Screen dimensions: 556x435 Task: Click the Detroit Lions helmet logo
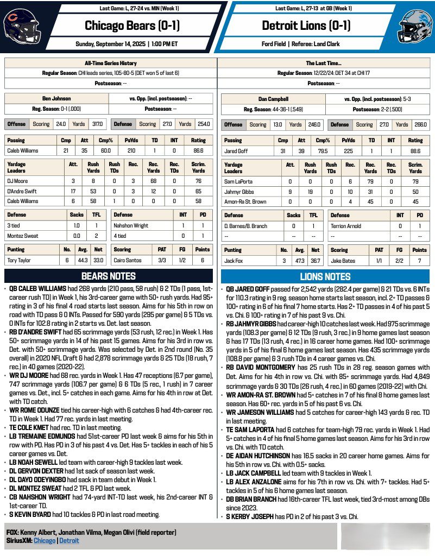pyautogui.click(x=414, y=26)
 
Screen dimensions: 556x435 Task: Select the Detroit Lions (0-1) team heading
pyautogui.click(x=306, y=26)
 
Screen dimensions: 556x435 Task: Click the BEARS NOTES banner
pyautogui.click(x=109, y=276)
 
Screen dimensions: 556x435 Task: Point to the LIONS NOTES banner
pyautogui.click(x=325, y=276)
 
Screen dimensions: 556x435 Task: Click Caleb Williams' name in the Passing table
pyautogui.click(x=25, y=150)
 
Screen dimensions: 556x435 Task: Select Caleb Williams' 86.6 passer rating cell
pyautogui.click(x=198, y=150)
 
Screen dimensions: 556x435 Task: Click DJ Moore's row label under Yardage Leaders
pyautogui.click(x=18, y=181)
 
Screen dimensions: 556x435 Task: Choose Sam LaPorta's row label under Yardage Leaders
pyautogui.click(x=239, y=181)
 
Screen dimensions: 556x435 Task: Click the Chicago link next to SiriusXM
pyautogui.click(x=45, y=541)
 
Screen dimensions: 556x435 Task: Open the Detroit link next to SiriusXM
pyautogui.click(x=69, y=541)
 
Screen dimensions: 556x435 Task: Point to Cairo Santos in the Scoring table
pyautogui.click(x=129, y=260)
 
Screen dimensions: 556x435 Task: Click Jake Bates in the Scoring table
pyautogui.click(x=344, y=260)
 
